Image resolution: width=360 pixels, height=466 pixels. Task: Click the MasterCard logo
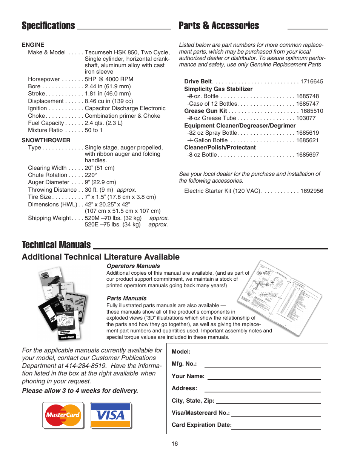coord(63,415)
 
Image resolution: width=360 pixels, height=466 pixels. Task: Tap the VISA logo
coord(111,415)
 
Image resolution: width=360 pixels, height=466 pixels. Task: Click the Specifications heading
coord(48,26)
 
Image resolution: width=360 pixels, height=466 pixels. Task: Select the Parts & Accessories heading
coord(219,26)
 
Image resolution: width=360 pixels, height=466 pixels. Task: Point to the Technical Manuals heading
coord(56,245)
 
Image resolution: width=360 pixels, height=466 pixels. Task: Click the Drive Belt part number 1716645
coord(312,82)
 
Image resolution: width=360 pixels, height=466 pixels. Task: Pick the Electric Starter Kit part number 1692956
coord(312,191)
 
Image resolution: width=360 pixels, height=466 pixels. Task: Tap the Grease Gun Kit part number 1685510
coord(312,111)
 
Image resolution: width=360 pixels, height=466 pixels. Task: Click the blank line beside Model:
coord(262,352)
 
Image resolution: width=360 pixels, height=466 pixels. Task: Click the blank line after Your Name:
coord(264,377)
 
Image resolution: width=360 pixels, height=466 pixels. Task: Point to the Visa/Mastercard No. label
coord(200,413)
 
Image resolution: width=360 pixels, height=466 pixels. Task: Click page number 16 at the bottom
coord(175,444)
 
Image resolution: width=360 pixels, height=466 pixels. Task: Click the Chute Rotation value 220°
coord(91,175)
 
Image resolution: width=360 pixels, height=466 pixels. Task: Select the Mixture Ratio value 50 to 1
coord(94,130)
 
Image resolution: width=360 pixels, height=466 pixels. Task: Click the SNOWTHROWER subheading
coord(46,140)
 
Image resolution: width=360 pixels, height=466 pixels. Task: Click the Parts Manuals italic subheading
coord(126,298)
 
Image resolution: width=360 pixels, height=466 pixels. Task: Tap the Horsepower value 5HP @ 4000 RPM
coord(109,79)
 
